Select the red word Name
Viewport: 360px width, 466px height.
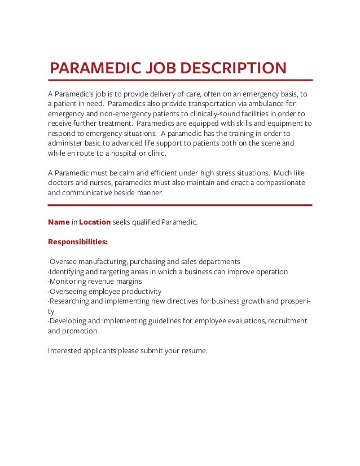tap(59, 222)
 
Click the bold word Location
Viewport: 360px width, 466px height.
tap(95, 222)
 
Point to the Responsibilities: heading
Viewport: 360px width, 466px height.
tap(78, 242)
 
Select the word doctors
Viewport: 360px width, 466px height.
tap(63, 183)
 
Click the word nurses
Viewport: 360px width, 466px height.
tap(104, 183)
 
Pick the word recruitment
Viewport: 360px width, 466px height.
tap(287, 320)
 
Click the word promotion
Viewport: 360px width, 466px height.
tap(80, 331)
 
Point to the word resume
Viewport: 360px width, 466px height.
tap(194, 350)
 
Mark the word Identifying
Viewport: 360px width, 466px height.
tap(67, 271)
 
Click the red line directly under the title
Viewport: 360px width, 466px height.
tap(180, 80)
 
